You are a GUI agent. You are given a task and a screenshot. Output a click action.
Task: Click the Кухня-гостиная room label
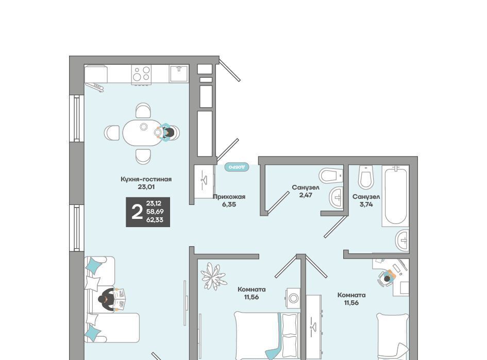pyautogui.click(x=146, y=179)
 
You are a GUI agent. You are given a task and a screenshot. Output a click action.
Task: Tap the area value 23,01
pyautogui.click(x=146, y=187)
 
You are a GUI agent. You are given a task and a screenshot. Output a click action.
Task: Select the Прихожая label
pyautogui.click(x=229, y=197)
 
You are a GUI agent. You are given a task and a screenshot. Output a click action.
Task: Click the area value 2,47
pyautogui.click(x=306, y=195)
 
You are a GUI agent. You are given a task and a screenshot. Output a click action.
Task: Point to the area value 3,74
pyautogui.click(x=366, y=204)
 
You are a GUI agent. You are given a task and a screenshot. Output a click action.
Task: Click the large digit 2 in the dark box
pyautogui.click(x=137, y=212)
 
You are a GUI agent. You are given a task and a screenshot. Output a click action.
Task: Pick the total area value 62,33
pyautogui.click(x=155, y=220)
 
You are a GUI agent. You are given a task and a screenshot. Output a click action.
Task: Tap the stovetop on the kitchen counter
pyautogui.click(x=141, y=74)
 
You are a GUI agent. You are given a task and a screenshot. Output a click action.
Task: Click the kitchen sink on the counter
pyautogui.click(x=179, y=74)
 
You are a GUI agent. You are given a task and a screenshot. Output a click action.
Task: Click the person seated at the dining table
pyautogui.click(x=167, y=132)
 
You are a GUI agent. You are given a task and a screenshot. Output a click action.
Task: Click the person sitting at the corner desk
pyautogui.click(x=388, y=277)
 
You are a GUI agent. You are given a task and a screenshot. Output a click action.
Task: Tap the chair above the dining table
pyautogui.click(x=143, y=111)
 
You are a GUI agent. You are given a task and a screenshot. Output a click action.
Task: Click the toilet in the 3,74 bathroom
pyautogui.click(x=366, y=177)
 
